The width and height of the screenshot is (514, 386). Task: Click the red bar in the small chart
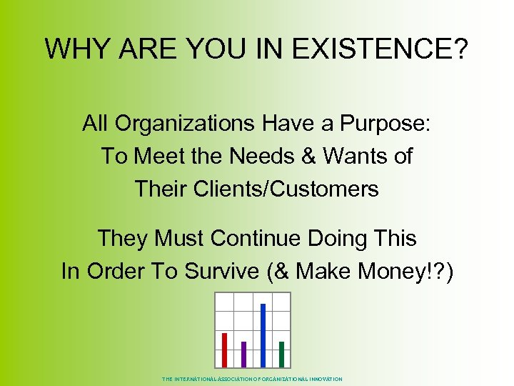coord(224,349)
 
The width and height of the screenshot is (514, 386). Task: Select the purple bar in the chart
coord(243,353)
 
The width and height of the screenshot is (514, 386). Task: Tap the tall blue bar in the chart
coord(263,334)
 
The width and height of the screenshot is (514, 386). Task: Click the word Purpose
coord(386,124)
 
